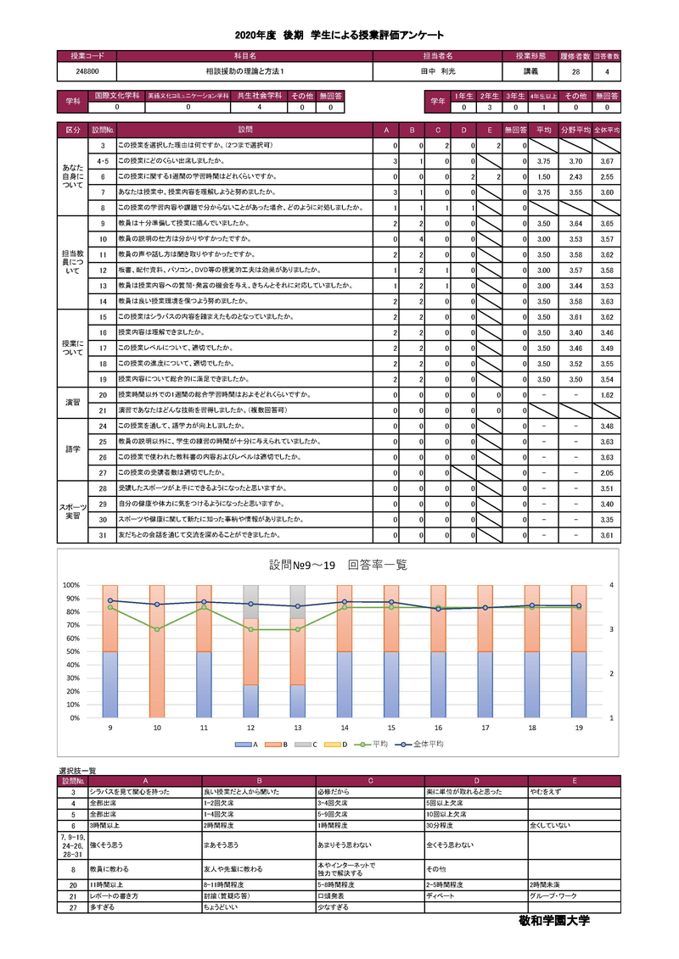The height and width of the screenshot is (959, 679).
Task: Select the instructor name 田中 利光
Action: (x=438, y=72)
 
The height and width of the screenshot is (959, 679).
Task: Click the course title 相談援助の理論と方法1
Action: (x=244, y=72)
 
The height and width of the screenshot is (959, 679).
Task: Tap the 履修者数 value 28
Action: (x=575, y=72)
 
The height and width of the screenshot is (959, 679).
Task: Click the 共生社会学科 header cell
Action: (x=259, y=96)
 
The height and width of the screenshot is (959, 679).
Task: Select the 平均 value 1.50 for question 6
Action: (x=545, y=176)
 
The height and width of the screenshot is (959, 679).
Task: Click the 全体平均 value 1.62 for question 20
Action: (x=606, y=395)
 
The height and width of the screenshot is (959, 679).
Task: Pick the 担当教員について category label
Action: (x=73, y=262)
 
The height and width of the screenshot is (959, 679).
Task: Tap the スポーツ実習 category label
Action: (x=73, y=510)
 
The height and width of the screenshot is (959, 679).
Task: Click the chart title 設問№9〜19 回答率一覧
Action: (x=338, y=565)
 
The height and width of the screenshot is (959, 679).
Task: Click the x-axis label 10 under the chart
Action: (x=157, y=728)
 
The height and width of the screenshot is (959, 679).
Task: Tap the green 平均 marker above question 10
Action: (x=157, y=629)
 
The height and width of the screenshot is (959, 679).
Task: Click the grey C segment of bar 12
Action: (x=250, y=601)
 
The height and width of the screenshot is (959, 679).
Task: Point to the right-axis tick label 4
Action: (x=610, y=585)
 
